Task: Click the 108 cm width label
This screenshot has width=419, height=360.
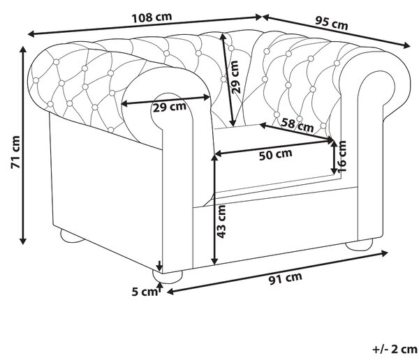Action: pos(152,17)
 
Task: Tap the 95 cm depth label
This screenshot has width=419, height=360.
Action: pos(331,23)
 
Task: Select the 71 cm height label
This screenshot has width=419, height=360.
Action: pos(16,152)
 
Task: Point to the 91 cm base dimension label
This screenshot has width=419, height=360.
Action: pos(285,278)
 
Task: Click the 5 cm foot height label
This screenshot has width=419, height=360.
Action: pos(145,292)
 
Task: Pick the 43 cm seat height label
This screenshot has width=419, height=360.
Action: pos(221,221)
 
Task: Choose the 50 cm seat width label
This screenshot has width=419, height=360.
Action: pos(276,155)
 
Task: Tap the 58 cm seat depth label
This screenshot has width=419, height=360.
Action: pos(297,124)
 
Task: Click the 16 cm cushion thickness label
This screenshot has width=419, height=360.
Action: pos(341,156)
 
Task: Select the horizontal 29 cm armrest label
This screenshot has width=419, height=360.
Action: pos(170,107)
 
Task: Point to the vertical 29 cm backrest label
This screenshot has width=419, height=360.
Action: pos(235,77)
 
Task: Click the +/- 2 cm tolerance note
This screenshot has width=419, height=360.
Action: pos(395,349)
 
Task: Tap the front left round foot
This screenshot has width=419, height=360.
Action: pos(168,276)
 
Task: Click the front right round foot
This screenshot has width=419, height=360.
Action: pos(359,244)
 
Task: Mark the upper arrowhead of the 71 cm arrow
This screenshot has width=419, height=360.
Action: pos(23,49)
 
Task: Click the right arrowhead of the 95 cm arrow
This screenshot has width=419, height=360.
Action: pos(406,45)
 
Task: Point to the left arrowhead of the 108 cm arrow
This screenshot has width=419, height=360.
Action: pos(31,34)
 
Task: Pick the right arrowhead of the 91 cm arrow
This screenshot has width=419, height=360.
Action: pos(385,253)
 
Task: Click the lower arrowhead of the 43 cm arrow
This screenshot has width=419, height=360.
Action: pos(214,261)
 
